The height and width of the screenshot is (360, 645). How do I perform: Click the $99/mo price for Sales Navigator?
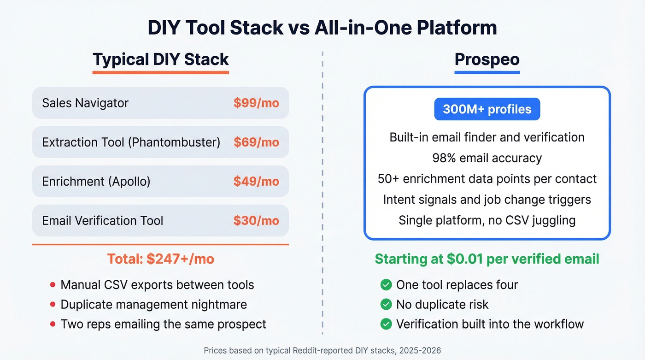(x=256, y=103)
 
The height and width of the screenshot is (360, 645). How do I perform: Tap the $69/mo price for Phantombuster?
(x=256, y=142)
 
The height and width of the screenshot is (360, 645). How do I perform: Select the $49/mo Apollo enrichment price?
(x=256, y=181)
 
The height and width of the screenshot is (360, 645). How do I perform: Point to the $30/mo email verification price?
(x=256, y=220)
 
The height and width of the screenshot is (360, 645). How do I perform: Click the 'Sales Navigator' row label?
(x=85, y=103)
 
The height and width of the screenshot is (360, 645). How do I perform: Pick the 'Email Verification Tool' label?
(x=102, y=220)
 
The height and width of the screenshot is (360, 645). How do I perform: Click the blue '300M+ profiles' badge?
(x=487, y=109)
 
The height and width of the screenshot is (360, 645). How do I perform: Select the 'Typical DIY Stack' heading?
(x=161, y=59)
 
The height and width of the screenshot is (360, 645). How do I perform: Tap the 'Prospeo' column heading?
(x=487, y=59)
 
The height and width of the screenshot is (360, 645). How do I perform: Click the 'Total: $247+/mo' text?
(x=161, y=259)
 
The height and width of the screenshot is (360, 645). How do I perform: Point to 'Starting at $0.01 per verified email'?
(x=487, y=259)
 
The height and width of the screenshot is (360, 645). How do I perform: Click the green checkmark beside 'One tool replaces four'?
(x=386, y=285)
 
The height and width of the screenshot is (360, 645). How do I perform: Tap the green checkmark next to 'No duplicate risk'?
(x=386, y=304)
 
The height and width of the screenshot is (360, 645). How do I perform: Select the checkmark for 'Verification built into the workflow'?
(x=386, y=324)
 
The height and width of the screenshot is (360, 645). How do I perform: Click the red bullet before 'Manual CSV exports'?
(x=53, y=285)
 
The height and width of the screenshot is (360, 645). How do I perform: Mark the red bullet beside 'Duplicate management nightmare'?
(x=53, y=304)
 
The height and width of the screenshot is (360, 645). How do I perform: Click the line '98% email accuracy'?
(x=487, y=158)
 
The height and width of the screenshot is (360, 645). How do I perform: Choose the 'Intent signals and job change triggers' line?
(x=487, y=199)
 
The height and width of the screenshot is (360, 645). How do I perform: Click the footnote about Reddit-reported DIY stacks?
(x=322, y=351)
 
